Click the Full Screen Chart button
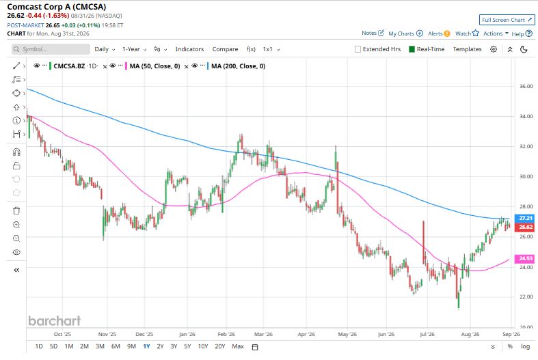tap(507, 20)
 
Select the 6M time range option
tap(116, 346)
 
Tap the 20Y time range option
tap(219, 346)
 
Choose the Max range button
tap(238, 346)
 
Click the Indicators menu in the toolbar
tap(190, 49)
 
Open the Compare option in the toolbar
tap(225, 49)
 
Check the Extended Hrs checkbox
tap(358, 49)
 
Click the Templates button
tap(467, 49)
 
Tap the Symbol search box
tap(51, 49)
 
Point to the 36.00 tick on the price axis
tap(526, 86)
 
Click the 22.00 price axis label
tap(526, 296)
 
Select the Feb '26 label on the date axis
tap(226, 334)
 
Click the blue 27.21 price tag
tap(525, 218)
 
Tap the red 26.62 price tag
tap(525, 227)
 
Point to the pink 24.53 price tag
tap(525, 258)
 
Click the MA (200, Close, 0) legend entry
tap(238, 66)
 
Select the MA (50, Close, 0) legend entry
tap(154, 66)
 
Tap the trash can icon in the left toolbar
tap(16, 210)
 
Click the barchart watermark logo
tap(54, 320)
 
